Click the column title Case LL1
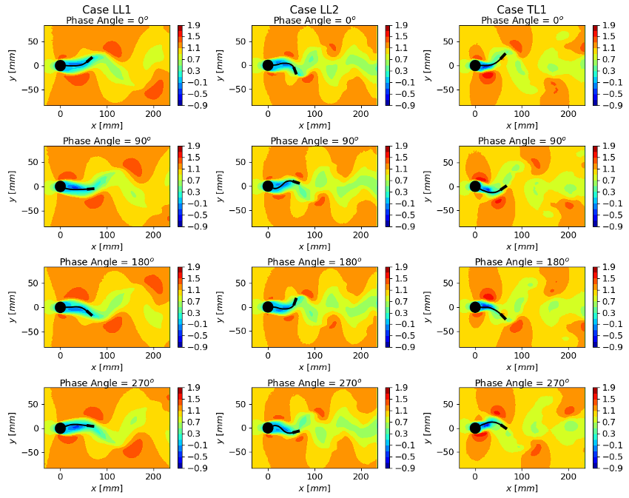click(x=107, y=9)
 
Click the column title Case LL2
click(x=314, y=9)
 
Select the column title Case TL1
click(x=522, y=9)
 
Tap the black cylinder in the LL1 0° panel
click(x=60, y=65)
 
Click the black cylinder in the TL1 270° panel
click(x=475, y=428)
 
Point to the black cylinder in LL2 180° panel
click(x=268, y=307)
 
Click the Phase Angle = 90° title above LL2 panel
click(x=314, y=141)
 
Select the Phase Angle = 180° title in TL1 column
click(x=522, y=262)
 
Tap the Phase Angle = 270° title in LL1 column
click(x=107, y=383)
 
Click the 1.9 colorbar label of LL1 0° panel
click(x=194, y=25)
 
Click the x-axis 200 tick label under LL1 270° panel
click(x=153, y=477)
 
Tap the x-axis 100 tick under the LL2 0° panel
click(x=314, y=114)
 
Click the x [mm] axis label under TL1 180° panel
click(x=522, y=368)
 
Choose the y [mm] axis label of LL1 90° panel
click(x=13, y=186)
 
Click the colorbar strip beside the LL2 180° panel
click(x=388, y=307)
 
